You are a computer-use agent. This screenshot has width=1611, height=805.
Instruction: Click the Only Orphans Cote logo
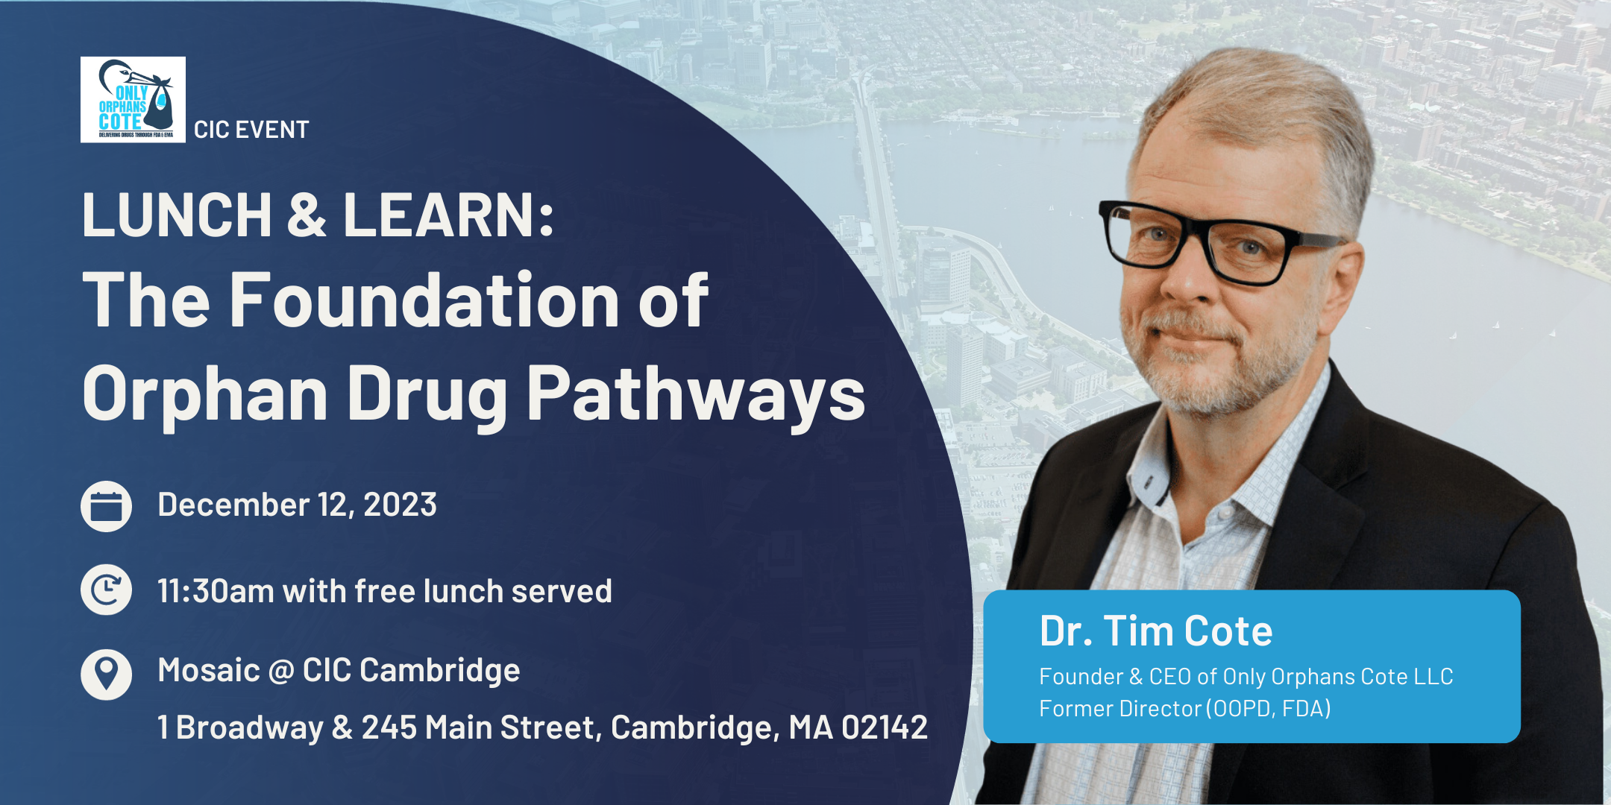pos(133,99)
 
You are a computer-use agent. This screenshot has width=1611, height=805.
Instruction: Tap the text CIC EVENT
pos(251,130)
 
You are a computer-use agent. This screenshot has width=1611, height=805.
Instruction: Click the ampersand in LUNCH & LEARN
pos(307,215)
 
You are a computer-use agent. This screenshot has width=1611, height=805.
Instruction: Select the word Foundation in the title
pos(424,300)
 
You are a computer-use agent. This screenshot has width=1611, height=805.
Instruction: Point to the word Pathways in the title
pos(696,394)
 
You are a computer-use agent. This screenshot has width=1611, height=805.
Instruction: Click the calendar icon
pos(106,507)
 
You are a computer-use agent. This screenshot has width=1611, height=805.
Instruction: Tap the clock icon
pos(106,590)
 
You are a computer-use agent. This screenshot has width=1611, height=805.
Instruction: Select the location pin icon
pos(106,675)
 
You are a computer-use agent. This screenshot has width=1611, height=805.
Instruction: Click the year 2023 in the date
pos(400,505)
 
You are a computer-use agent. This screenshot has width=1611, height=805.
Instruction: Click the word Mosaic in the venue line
pos(208,670)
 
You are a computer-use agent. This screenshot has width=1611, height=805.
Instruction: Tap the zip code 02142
pos(885,727)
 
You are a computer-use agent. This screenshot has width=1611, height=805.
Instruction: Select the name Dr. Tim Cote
pos(1156,631)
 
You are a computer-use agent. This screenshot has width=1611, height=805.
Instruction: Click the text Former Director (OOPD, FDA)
pos(1185,708)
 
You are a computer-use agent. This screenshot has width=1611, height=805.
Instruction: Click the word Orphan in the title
pos(205,394)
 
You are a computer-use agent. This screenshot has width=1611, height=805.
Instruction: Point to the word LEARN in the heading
pos(448,215)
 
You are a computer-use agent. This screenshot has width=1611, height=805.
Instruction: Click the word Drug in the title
pos(427,394)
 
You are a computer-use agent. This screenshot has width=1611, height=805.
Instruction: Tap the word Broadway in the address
pos(250,728)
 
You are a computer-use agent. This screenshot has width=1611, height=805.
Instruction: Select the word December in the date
pos(233,505)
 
